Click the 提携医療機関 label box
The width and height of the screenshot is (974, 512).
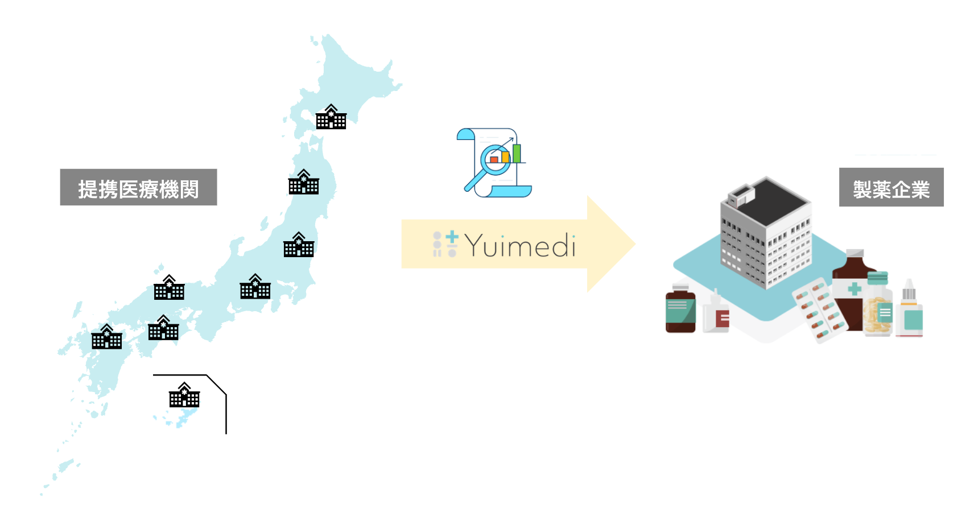[x=138, y=187]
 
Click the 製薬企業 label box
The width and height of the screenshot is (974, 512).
[x=891, y=187]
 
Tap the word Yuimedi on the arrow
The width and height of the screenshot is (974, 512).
[x=520, y=246]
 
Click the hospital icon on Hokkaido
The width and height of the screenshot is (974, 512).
[x=331, y=117]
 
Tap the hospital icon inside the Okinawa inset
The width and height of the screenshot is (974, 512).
[x=184, y=395]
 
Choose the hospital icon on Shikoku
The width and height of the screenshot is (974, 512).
[x=163, y=328]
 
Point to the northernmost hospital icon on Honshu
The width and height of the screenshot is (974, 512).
[x=304, y=182]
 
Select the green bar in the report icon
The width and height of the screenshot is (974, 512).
[x=517, y=153]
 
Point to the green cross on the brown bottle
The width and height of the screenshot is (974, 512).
[x=854, y=289]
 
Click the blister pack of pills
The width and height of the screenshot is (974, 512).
[x=819, y=310]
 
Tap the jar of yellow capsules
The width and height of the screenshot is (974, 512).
[x=877, y=310]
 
